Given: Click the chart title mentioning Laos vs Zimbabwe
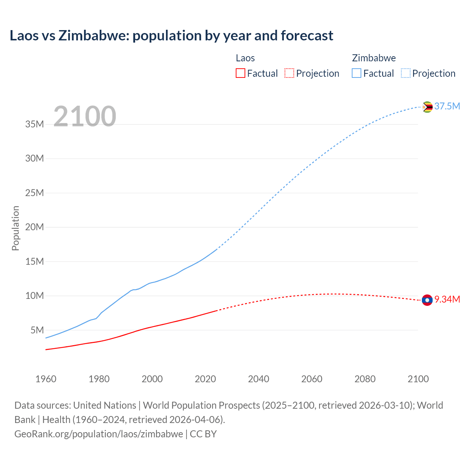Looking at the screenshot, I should [x=171, y=36].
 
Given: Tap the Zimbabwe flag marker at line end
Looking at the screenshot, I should [x=427, y=107].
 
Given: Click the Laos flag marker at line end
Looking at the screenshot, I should [x=427, y=300].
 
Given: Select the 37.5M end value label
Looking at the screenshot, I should [x=447, y=106].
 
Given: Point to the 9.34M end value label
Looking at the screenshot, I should [x=447, y=299].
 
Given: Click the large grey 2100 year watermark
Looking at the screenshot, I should [x=85, y=116].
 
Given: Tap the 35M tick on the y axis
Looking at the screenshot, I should [x=35, y=124].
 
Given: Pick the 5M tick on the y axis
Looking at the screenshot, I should [x=37, y=330].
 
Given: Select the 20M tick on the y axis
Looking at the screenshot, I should [x=35, y=227].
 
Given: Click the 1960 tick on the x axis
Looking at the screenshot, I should [x=46, y=379].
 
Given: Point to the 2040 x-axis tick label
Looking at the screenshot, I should [x=258, y=379].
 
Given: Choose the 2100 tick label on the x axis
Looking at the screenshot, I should [x=418, y=379].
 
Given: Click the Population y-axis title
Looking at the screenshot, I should [x=15, y=228].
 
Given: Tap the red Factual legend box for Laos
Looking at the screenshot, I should [x=241, y=73].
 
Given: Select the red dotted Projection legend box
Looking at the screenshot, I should [x=289, y=73].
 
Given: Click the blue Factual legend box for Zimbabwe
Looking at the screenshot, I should [x=357, y=73].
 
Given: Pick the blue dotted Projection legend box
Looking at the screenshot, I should [x=406, y=73].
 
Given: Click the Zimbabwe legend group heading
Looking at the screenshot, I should [x=374, y=58].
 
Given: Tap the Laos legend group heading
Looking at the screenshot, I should [x=245, y=58].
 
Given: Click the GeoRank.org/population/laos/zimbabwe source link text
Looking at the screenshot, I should [x=99, y=434].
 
